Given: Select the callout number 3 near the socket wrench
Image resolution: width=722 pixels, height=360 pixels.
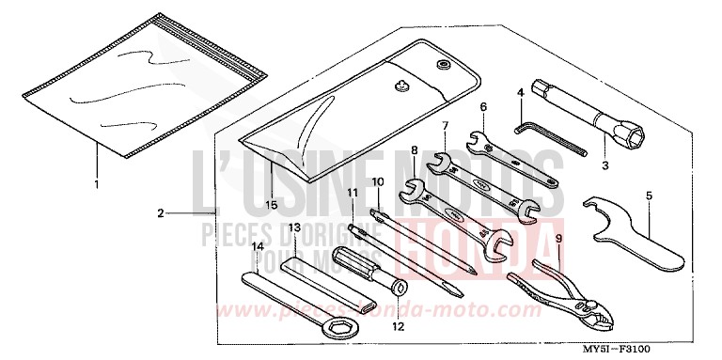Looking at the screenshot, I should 605,165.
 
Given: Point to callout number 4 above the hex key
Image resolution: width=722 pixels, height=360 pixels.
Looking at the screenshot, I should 519,92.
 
